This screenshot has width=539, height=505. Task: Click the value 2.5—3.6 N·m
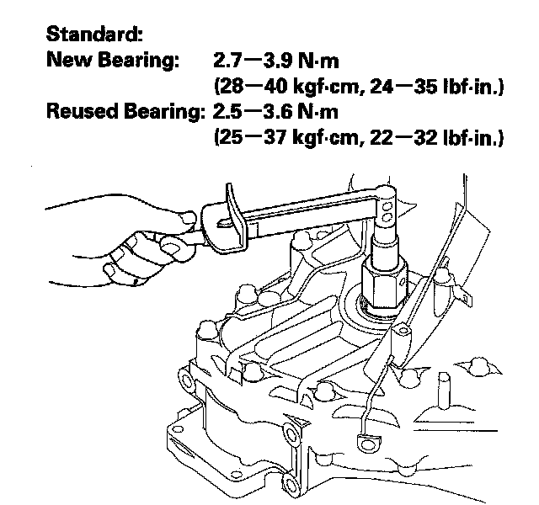(x=282, y=111)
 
